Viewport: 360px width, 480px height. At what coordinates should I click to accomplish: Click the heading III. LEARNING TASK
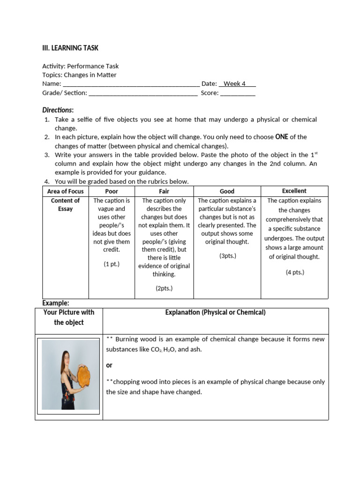point(70,48)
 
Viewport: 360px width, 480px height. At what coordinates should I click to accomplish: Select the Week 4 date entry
point(237,84)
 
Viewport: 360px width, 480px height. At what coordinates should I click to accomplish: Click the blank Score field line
point(238,93)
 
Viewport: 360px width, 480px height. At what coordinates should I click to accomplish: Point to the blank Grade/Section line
point(143,93)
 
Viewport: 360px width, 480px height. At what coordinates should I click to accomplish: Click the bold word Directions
point(58,110)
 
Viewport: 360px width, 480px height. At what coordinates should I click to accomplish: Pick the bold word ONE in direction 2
point(281,137)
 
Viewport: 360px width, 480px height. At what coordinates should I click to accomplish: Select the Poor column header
point(112,191)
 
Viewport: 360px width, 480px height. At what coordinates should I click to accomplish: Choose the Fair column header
point(164,191)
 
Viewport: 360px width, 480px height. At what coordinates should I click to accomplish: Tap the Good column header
point(227,191)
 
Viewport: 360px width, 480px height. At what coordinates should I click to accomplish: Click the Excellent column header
point(294,191)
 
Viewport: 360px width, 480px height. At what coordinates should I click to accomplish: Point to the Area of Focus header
point(66,191)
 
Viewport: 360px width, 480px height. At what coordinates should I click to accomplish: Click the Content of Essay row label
point(66,205)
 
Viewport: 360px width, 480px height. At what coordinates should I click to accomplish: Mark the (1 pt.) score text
point(112,264)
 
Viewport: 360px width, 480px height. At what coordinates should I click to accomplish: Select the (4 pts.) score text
point(295,272)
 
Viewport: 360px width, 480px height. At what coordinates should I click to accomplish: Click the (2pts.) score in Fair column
point(164,288)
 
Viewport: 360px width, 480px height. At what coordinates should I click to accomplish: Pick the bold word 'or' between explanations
point(109,365)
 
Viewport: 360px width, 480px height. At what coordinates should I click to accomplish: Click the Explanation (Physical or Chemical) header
point(215,313)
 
